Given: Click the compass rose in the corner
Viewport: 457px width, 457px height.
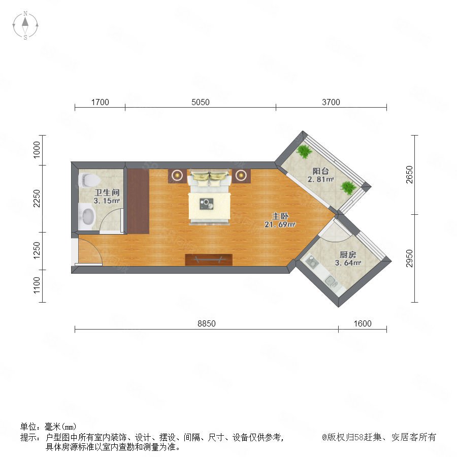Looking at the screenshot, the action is [x=25, y=25].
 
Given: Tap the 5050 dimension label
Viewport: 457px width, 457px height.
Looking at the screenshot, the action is [x=200, y=102].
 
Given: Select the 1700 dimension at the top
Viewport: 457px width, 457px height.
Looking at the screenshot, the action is [x=100, y=102].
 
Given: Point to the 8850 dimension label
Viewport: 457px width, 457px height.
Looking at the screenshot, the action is [x=207, y=323].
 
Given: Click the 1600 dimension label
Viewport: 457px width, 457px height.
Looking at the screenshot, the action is [x=363, y=323].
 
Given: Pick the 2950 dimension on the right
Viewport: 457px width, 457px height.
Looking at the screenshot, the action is [x=409, y=258].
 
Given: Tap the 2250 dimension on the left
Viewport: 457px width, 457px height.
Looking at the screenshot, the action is [x=37, y=199].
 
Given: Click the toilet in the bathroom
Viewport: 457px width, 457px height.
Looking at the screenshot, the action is [x=88, y=180].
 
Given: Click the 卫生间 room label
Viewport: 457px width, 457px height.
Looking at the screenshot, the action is [x=107, y=192].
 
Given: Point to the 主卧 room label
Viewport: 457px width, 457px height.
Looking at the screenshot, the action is [x=280, y=216].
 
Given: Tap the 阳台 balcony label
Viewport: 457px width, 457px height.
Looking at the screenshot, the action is [x=320, y=171].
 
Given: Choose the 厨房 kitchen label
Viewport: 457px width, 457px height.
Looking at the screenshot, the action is [x=348, y=254].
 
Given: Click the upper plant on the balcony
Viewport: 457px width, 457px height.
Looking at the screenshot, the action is [x=304, y=151].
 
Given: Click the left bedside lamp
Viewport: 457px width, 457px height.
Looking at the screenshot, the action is [x=177, y=176].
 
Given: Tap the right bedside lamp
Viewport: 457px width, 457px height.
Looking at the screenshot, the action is [x=241, y=176].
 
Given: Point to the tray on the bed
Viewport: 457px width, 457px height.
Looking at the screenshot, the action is [x=207, y=204].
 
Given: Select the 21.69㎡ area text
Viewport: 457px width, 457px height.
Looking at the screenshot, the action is [x=280, y=224].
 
